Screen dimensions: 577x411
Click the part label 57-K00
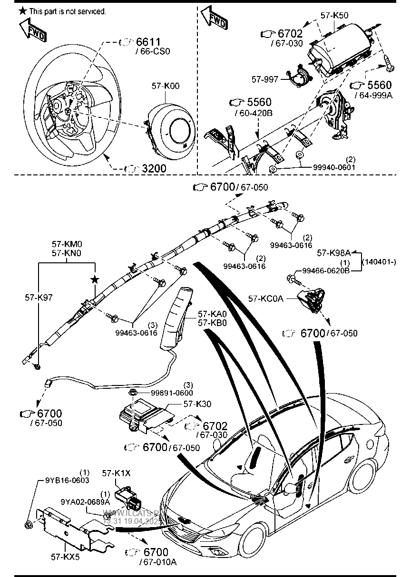tap(166, 87)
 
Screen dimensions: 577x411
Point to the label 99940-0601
tap(334, 167)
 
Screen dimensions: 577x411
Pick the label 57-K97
tap(39, 298)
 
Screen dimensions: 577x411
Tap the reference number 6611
tap(148, 42)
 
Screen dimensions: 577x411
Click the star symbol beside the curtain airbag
tap(95, 279)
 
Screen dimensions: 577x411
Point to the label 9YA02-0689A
tap(86, 501)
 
